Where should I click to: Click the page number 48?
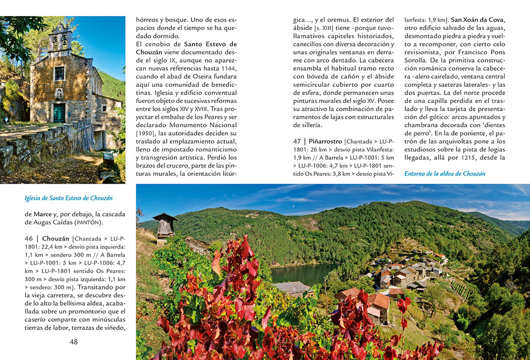click(x=73, y=342)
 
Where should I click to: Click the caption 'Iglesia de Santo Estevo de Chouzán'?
click(x=69, y=198)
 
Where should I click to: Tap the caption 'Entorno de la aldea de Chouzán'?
click(x=445, y=174)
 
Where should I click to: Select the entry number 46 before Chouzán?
click(x=29, y=238)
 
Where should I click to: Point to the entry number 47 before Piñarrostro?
click(x=297, y=141)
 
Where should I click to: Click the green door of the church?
click(x=59, y=113)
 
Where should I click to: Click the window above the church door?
click(x=59, y=73)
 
